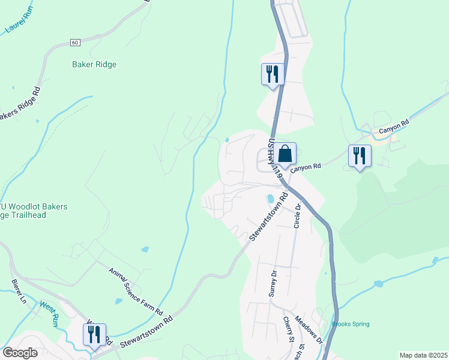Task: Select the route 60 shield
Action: (x=74, y=43)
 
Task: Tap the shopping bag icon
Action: (x=286, y=154)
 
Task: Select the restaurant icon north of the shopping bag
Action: (x=272, y=74)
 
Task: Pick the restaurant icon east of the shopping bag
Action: (x=360, y=155)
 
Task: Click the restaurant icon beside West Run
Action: (x=94, y=334)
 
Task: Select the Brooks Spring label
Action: (x=351, y=324)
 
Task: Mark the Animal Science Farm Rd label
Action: (x=136, y=292)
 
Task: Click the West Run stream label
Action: (x=49, y=312)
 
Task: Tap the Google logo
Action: (x=20, y=352)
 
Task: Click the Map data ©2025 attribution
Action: (x=423, y=355)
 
